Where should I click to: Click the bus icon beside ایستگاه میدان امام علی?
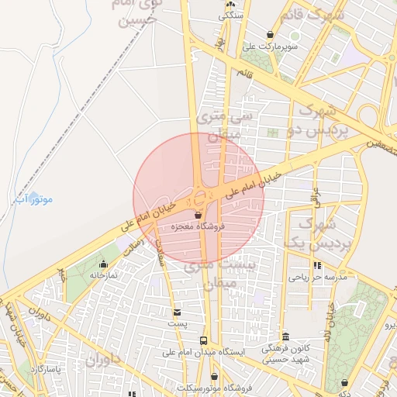203,340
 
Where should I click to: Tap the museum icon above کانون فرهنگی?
286,337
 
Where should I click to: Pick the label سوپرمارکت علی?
268,46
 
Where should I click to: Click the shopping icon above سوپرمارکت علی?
269,34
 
